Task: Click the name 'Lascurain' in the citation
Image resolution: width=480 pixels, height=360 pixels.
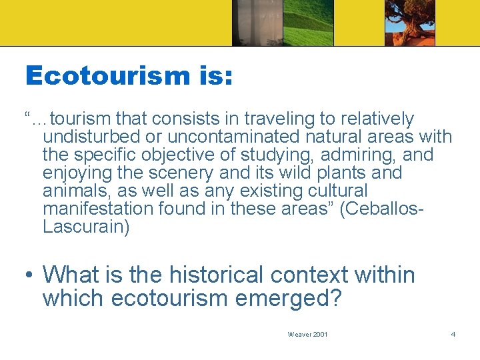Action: click(x=85, y=227)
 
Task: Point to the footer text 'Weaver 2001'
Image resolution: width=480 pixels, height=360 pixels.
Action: click(x=307, y=334)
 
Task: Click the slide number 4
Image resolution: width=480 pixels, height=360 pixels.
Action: click(x=453, y=334)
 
